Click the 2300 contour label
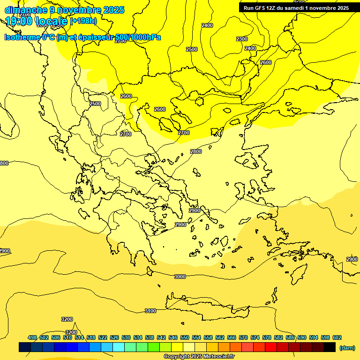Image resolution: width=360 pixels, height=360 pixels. tap(242, 39)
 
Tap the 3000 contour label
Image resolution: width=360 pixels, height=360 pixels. tap(180, 277)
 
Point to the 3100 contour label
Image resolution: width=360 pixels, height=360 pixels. tap(150, 311)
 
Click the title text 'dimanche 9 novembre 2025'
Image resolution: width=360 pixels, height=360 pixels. tap(64, 10)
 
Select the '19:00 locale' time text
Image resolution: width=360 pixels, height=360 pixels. tap(37, 21)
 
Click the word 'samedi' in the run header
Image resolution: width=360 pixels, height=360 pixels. tap(296, 8)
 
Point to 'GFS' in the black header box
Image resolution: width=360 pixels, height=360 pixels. tap(259, 8)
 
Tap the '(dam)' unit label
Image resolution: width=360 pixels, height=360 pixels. tap(347, 347)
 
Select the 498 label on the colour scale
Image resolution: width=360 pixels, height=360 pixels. tap(32, 337)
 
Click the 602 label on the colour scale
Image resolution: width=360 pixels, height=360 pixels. tap(337, 337)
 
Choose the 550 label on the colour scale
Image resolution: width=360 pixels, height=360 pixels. tap(185, 337)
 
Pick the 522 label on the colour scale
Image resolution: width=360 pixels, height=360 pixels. tap(103, 337)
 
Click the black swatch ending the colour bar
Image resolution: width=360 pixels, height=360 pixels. tap(330, 347)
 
